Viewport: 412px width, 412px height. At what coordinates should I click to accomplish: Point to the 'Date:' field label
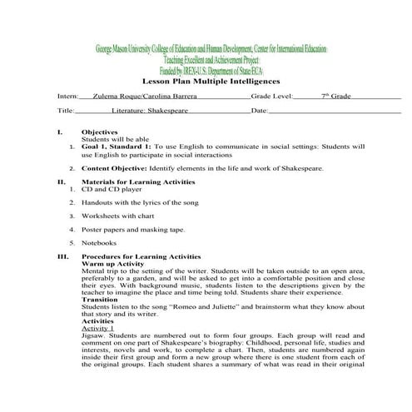259,111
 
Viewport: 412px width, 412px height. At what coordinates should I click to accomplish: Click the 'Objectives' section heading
99,132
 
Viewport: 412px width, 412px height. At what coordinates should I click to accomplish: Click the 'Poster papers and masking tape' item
132,228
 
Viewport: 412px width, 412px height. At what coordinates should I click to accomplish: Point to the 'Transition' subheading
101,300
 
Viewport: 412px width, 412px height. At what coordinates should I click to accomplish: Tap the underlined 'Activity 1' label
98,329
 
